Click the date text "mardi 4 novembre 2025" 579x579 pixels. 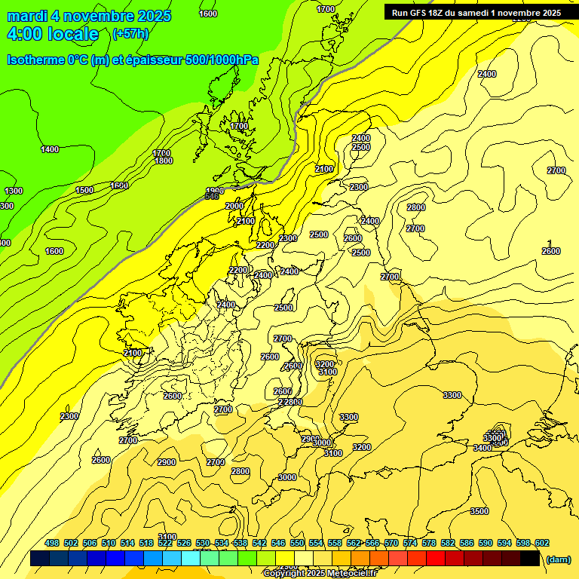[x=89, y=16]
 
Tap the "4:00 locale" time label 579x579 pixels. [x=52, y=34]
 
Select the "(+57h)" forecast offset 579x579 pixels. [x=130, y=34]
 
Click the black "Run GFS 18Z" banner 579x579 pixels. [x=476, y=12]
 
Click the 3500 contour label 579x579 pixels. [x=479, y=511]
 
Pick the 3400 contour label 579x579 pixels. [x=482, y=448]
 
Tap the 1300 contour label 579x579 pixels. [x=14, y=191]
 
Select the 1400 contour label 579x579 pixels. [x=50, y=149]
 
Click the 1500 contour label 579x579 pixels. [x=84, y=190]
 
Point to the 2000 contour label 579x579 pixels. [x=234, y=206]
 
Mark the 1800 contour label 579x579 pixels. [x=164, y=161]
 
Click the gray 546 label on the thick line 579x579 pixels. [x=212, y=197]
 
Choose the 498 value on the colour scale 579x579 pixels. [x=52, y=543]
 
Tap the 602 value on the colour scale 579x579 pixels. [x=541, y=543]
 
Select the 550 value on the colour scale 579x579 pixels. [x=296, y=543]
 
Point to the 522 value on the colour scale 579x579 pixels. [x=165, y=543]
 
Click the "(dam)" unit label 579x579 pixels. [x=558, y=559]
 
